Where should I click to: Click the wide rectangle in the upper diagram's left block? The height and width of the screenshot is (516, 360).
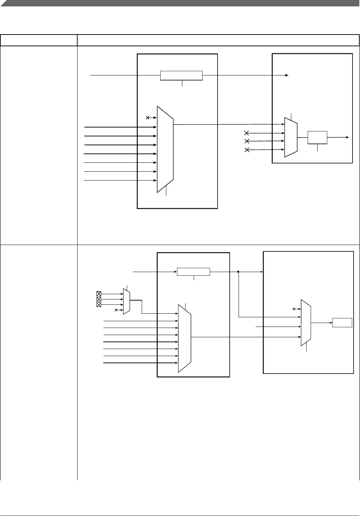coord(181,75)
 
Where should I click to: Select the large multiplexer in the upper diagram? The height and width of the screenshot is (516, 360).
coord(165,149)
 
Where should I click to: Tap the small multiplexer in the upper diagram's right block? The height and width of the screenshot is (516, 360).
coord(291,137)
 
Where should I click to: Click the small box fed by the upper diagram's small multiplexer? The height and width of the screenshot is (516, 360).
coord(317,137)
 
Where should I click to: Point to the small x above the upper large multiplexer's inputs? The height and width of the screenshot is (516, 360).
coord(148,118)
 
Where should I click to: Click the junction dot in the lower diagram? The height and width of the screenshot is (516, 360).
coord(238,272)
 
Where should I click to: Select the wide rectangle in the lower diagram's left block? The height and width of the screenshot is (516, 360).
coord(193,272)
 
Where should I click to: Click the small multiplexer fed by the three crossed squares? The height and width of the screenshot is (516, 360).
coord(126,302)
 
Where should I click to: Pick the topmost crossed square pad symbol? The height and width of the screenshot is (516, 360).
coord(99,294)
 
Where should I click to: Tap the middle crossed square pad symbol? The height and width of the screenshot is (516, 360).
coord(99,299)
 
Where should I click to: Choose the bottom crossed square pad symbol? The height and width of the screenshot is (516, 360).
coord(99,305)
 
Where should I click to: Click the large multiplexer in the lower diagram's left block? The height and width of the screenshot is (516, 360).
coord(184,338)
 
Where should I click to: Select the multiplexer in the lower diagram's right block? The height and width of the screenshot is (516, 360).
coord(306,323)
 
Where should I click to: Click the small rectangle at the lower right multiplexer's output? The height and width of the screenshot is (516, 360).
coord(342,323)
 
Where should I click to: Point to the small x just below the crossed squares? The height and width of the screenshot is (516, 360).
coord(116,310)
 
